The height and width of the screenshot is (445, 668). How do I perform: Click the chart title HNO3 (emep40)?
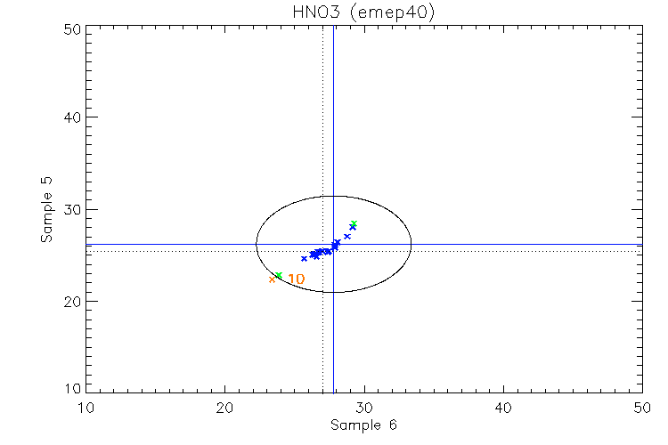tap(363, 12)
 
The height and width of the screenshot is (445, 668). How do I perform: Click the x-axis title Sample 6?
tap(363, 425)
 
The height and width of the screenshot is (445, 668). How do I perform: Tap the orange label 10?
tap(297, 279)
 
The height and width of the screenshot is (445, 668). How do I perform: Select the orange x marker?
tap(273, 279)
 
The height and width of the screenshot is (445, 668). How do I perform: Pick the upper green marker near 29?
tap(354, 223)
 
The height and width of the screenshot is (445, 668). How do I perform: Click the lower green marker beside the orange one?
tap(279, 275)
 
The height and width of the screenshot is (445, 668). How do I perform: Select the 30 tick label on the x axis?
tap(364, 407)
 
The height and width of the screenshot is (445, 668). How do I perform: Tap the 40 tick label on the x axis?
tap(503, 407)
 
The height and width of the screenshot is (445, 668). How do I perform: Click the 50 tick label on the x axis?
tap(642, 407)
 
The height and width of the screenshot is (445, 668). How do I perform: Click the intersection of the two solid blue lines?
tap(333, 244)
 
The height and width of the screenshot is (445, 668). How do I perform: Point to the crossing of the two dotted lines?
tap(322, 250)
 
